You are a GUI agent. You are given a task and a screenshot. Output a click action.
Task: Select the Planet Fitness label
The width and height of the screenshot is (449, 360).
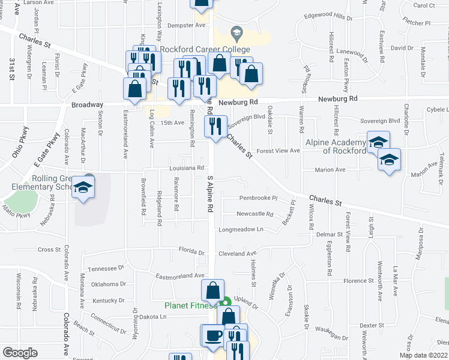click(191, 305)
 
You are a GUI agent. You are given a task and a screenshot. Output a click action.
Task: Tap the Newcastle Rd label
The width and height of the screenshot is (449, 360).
click(255, 214)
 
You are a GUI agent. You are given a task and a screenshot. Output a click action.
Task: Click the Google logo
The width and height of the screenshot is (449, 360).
click(20, 353)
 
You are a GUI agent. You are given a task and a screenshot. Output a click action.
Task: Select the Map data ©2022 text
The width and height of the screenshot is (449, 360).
click(423, 355)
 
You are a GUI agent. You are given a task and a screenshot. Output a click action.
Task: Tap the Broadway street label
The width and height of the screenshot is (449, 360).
click(83, 104)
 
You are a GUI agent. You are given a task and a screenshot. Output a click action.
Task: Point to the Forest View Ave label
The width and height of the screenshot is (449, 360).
click(278, 151)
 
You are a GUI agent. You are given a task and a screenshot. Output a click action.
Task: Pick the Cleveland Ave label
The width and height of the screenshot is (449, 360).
click(237, 253)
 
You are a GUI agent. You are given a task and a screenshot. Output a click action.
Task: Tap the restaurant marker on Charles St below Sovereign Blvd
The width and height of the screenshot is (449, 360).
click(214, 125)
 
